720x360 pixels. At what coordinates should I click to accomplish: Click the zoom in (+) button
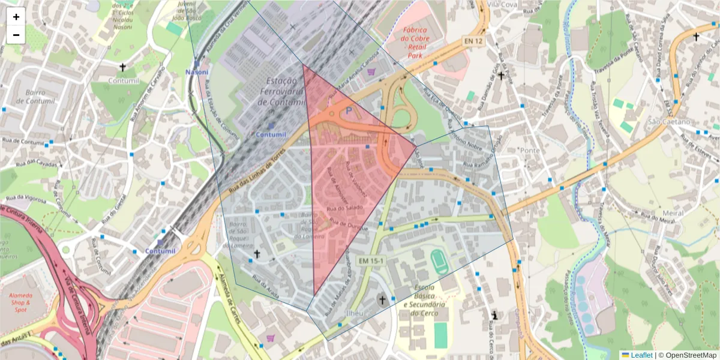pos(16,17)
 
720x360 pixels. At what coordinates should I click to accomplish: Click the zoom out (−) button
pos(16,35)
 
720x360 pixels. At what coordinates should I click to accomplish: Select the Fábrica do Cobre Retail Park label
pos(415,43)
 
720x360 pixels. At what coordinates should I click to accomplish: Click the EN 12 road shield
pos(473,41)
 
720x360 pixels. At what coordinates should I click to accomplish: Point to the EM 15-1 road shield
pos(371,261)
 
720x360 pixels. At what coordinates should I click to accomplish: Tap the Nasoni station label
pos(197,72)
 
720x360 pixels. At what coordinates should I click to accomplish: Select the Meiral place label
pos(674,213)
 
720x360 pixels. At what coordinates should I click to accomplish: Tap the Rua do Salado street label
pos(344,208)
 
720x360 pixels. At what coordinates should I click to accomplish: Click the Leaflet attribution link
pos(641,355)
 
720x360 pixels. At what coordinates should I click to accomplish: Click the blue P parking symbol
pos(349,111)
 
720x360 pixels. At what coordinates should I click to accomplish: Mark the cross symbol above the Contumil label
pos(123,67)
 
